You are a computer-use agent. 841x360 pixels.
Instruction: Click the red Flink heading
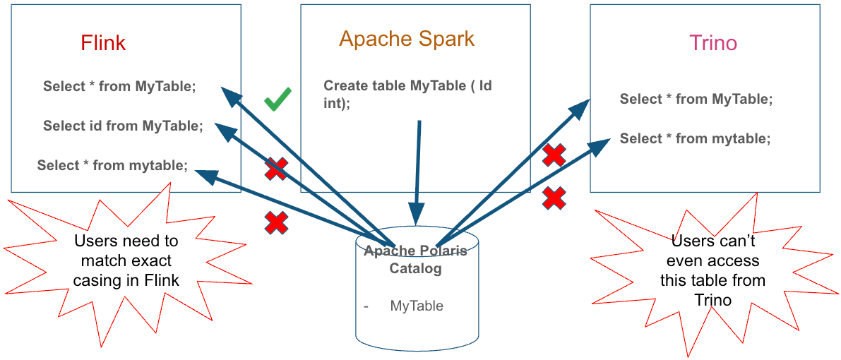(103, 43)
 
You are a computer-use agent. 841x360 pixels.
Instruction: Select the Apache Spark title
(407, 38)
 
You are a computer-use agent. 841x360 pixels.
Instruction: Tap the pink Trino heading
(713, 43)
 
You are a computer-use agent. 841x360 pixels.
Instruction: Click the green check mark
(278, 100)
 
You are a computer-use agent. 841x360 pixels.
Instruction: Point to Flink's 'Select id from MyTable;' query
(123, 126)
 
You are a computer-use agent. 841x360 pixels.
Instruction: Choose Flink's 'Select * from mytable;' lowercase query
(112, 166)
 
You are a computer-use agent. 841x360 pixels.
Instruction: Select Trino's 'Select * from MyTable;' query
(696, 100)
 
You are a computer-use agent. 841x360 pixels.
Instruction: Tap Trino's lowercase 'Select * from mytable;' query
(695, 139)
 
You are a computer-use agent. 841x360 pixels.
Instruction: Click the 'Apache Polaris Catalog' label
(415, 260)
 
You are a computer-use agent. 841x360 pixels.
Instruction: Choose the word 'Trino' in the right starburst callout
(713, 299)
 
